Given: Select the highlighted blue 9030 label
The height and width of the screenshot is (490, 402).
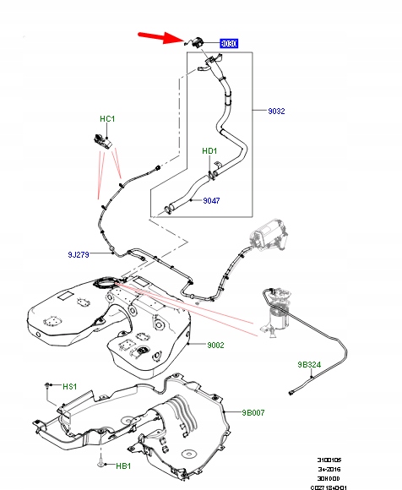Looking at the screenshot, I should [228, 41].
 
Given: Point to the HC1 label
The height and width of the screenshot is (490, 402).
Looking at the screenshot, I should [106, 119].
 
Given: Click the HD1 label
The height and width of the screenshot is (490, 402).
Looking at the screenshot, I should [209, 151].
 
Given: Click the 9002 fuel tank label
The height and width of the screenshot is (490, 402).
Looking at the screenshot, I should [218, 345].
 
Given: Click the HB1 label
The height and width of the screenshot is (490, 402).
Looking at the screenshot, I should [123, 465].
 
